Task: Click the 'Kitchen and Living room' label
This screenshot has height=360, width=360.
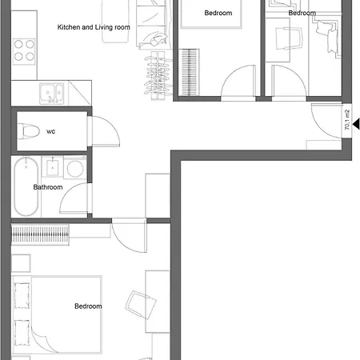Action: [94, 27]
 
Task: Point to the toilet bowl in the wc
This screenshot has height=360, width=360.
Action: [30, 130]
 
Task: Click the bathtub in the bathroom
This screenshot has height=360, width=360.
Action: [25, 188]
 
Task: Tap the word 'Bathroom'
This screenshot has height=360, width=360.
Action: [47, 187]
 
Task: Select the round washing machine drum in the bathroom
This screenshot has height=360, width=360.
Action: [74, 169]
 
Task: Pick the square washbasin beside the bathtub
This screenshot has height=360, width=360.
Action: [52, 167]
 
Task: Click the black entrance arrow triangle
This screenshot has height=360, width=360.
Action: [355, 123]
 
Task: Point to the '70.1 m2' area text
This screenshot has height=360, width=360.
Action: [346, 120]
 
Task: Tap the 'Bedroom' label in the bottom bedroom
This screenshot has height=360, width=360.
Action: [88, 306]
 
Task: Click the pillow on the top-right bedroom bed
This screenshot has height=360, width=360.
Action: [327, 32]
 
